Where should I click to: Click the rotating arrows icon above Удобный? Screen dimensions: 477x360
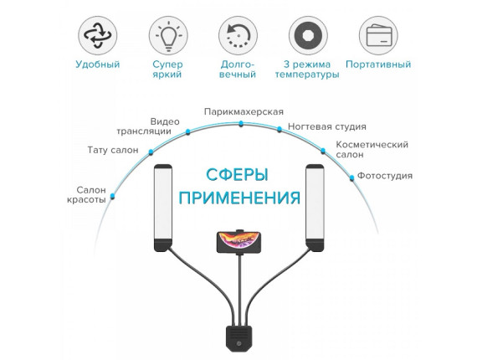(98, 35)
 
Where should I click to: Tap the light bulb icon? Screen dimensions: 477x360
(168, 35)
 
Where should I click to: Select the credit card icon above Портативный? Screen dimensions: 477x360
(378, 35)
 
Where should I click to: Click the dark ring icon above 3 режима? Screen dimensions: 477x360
(308, 35)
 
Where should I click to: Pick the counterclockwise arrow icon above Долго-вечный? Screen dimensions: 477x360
(238, 35)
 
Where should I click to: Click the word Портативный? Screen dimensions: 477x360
(378, 64)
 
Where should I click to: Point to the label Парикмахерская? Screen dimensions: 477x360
(244, 112)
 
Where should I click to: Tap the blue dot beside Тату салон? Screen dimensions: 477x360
(151, 152)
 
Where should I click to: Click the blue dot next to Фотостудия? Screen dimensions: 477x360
(352, 177)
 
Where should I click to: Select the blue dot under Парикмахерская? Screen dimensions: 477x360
(241, 124)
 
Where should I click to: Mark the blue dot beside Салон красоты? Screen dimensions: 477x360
(113, 196)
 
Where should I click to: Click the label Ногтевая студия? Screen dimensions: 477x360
(327, 126)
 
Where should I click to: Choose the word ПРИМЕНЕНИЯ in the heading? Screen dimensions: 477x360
(239, 198)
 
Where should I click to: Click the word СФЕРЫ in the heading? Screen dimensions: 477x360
(237, 175)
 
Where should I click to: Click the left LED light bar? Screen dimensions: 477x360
(163, 208)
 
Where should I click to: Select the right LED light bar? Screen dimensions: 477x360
(315, 208)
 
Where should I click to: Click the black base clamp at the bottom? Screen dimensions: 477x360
(238, 338)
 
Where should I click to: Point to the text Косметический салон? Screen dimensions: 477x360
(372, 149)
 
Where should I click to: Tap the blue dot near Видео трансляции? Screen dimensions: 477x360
(188, 132)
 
